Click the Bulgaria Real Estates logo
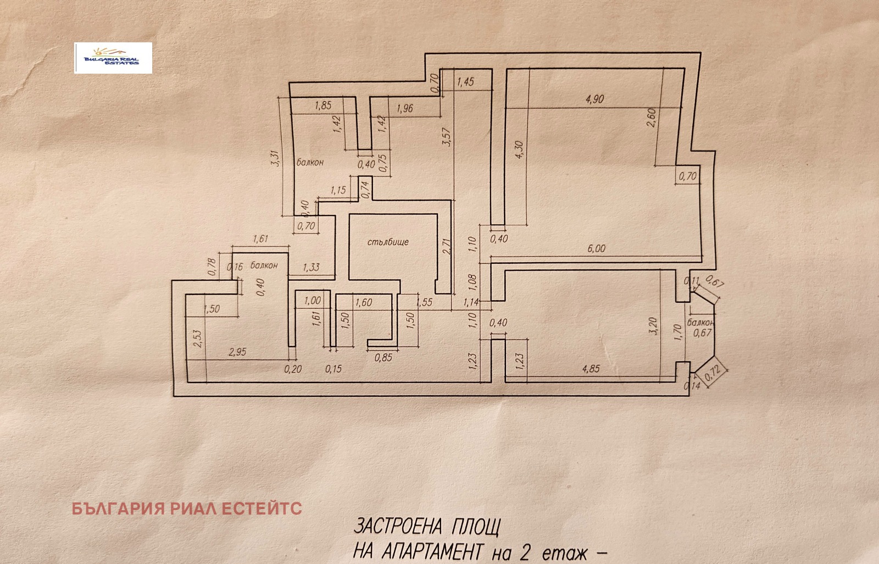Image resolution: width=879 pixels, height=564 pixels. pyautogui.click(x=113, y=58)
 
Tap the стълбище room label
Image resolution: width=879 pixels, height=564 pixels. pyautogui.click(x=388, y=242)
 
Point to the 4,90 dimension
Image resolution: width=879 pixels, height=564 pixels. pyautogui.click(x=594, y=99)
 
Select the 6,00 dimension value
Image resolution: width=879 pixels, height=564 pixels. pyautogui.click(x=596, y=248)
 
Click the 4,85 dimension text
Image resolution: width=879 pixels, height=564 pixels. pyautogui.click(x=591, y=369)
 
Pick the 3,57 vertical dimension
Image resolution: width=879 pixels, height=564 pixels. pyautogui.click(x=447, y=137)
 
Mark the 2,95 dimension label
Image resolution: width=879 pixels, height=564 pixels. pyautogui.click(x=237, y=352)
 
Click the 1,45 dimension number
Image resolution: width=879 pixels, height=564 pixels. pyautogui.click(x=465, y=82)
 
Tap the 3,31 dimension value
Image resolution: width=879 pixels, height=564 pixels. pyautogui.click(x=276, y=159)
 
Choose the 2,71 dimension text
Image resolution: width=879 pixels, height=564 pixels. pyautogui.click(x=447, y=246)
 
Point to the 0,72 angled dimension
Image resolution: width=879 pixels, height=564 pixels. pyautogui.click(x=713, y=374)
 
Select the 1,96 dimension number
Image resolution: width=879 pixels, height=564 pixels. pyautogui.click(x=404, y=108)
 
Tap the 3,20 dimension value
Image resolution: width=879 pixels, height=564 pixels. pyautogui.click(x=652, y=327)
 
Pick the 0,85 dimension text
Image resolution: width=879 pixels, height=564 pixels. pyautogui.click(x=383, y=358)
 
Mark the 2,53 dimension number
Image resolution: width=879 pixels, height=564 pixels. pyautogui.click(x=198, y=338)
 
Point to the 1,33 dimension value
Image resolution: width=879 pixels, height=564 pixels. pyautogui.click(x=311, y=268)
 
